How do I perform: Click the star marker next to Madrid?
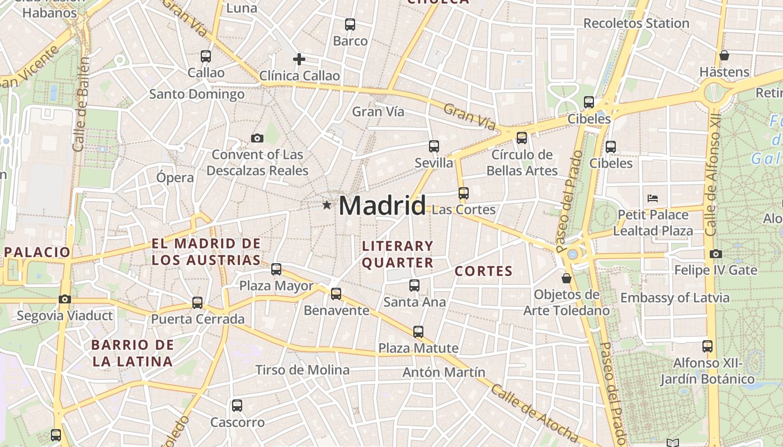tap(327, 205)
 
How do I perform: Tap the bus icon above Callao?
tap(206, 56)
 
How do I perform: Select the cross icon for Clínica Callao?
tap(299, 59)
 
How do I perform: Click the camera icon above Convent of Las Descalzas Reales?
tap(257, 138)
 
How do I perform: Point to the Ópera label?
tap(175, 178)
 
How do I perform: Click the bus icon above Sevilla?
tap(434, 146)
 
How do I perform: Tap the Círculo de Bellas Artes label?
tap(522, 163)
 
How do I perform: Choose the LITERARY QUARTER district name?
tap(398, 254)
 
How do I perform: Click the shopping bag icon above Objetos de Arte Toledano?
tap(567, 278)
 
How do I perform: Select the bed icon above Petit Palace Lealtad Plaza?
tap(652, 198)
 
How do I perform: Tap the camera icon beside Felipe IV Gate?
tap(715, 254)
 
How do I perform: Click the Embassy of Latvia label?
tap(674, 298)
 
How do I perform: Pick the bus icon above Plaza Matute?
tap(418, 331)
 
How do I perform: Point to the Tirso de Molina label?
tap(302, 370)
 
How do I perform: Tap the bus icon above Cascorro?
tap(237, 406)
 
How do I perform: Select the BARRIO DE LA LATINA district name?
tap(133, 353)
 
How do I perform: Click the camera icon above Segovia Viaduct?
tap(65, 299)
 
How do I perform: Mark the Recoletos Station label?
tap(636, 23)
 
